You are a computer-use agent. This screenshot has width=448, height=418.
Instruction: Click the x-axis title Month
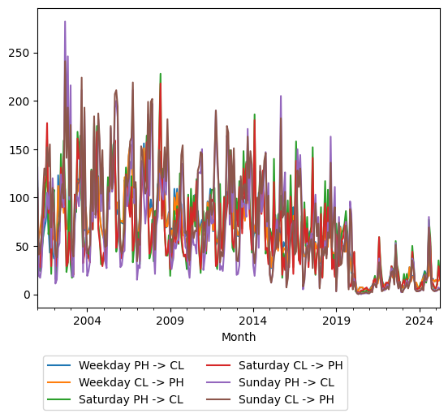(x=239, y=337)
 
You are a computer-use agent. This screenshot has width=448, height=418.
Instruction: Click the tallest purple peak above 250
(x=65, y=22)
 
